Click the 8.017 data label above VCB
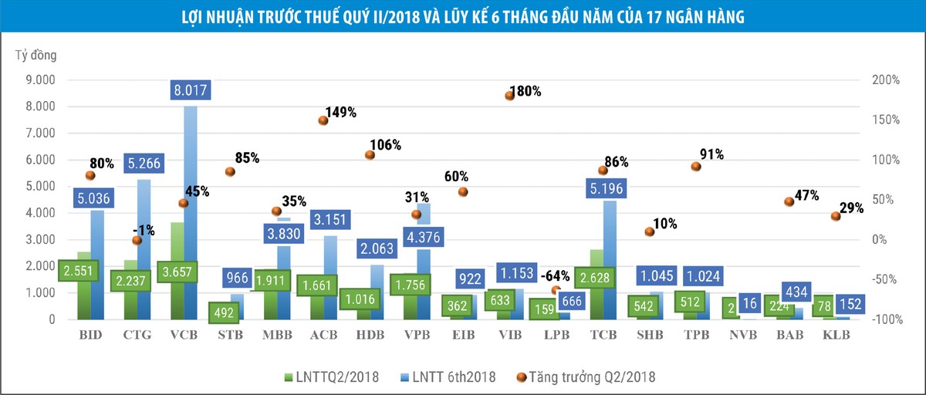click(x=191, y=90)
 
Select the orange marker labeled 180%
click(x=510, y=96)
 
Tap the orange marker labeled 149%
click(x=323, y=120)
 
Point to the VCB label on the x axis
click(x=184, y=335)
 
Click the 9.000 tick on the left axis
click(x=40, y=79)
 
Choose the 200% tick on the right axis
click(x=886, y=79)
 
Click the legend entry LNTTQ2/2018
click(x=332, y=376)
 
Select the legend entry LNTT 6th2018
click(x=448, y=376)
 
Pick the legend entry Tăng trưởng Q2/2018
click(x=586, y=376)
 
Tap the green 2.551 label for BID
click(x=78, y=271)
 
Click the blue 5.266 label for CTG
click(x=144, y=164)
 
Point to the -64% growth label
click(x=555, y=275)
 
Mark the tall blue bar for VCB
click(x=191, y=213)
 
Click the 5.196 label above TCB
click(x=606, y=188)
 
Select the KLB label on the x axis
click(x=836, y=335)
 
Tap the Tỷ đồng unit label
click(x=36, y=55)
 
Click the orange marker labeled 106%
click(x=370, y=155)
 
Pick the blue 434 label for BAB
click(x=796, y=292)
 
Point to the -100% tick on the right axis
click(x=887, y=319)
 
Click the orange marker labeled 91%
click(x=696, y=167)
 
